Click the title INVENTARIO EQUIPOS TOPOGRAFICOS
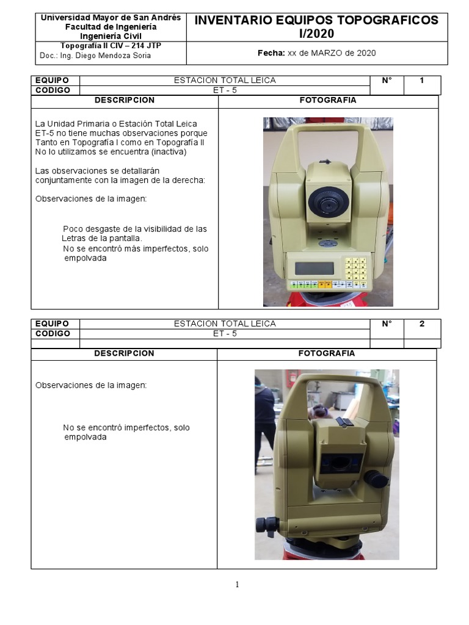[316, 20]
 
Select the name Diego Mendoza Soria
[113, 56]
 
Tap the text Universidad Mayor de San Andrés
[111, 18]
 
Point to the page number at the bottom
[238, 584]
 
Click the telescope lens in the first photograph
[328, 203]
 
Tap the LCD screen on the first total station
[314, 269]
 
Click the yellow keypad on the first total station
[356, 269]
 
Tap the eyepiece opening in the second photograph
[340, 464]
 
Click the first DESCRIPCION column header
[125, 100]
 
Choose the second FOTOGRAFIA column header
[327, 353]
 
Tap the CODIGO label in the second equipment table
[53, 334]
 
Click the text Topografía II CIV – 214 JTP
[111, 45]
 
